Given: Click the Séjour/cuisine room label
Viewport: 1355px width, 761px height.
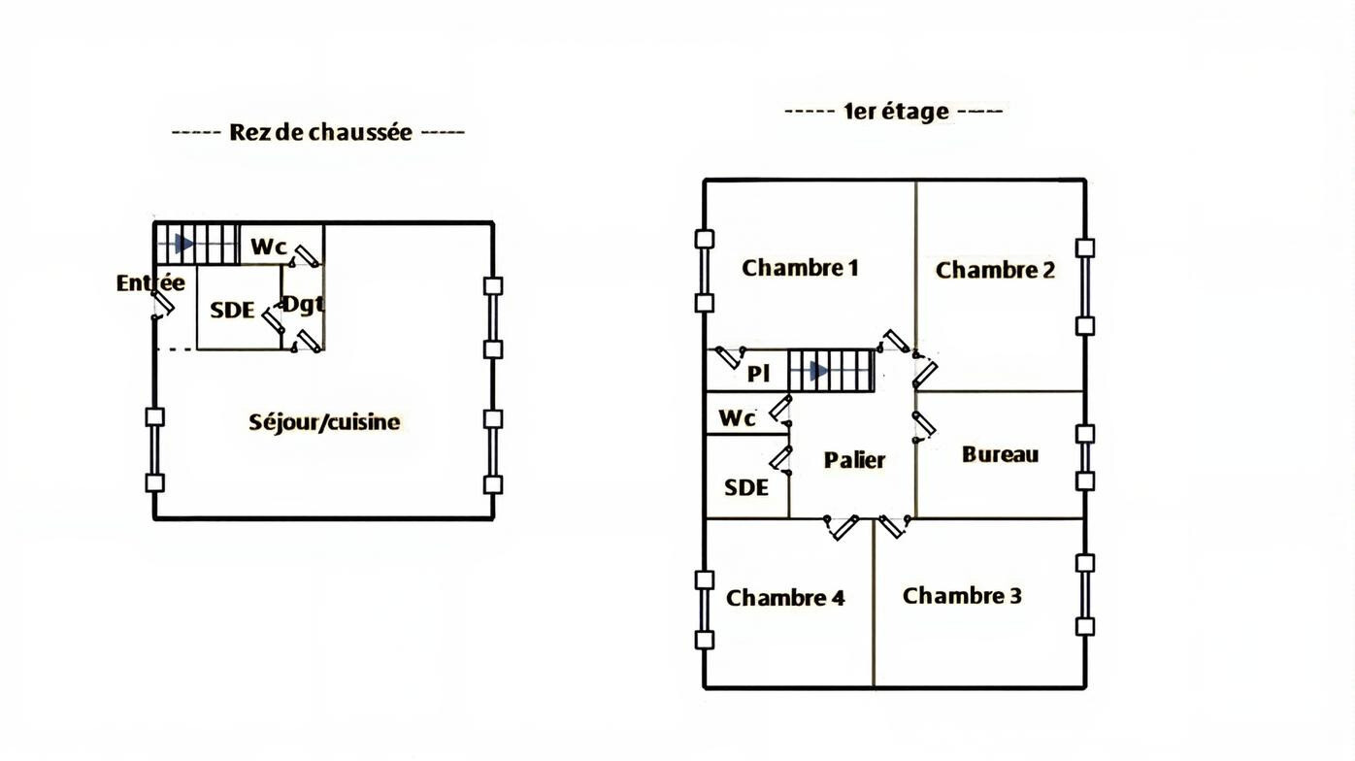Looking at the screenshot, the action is point(324,422).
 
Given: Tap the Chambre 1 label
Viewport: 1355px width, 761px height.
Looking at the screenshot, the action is point(800,268).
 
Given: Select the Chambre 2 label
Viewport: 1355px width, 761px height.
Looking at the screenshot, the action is point(995,271).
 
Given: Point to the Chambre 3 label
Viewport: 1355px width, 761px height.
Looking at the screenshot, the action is point(962,596).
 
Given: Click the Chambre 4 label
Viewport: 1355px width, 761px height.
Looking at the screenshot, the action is point(785,598).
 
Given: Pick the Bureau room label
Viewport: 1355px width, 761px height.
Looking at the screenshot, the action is point(1000,454).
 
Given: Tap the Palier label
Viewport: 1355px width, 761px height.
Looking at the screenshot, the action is point(854,460).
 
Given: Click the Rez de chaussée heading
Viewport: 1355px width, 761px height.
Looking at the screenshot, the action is point(320,132).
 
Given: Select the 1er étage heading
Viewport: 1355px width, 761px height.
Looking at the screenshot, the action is point(896,112).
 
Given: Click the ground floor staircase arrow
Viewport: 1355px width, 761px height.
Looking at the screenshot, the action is point(183,245).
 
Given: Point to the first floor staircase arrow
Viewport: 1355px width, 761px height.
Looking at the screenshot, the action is point(818,371).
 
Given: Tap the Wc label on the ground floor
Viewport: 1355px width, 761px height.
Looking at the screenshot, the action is point(269,247).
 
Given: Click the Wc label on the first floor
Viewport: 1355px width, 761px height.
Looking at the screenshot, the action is point(737,418).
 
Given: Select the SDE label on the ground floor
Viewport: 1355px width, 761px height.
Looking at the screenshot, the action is point(232,311).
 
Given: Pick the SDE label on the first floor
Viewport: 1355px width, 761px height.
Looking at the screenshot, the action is point(745,487).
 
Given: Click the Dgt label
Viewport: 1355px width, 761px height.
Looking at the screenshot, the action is point(303,304).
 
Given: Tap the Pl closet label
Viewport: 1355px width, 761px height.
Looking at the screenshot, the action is point(759,374).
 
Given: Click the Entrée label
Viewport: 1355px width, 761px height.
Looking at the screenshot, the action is point(150,283).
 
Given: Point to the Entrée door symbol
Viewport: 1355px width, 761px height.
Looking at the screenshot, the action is point(162,306).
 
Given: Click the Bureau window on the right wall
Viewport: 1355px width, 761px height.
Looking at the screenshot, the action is point(1085,458).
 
